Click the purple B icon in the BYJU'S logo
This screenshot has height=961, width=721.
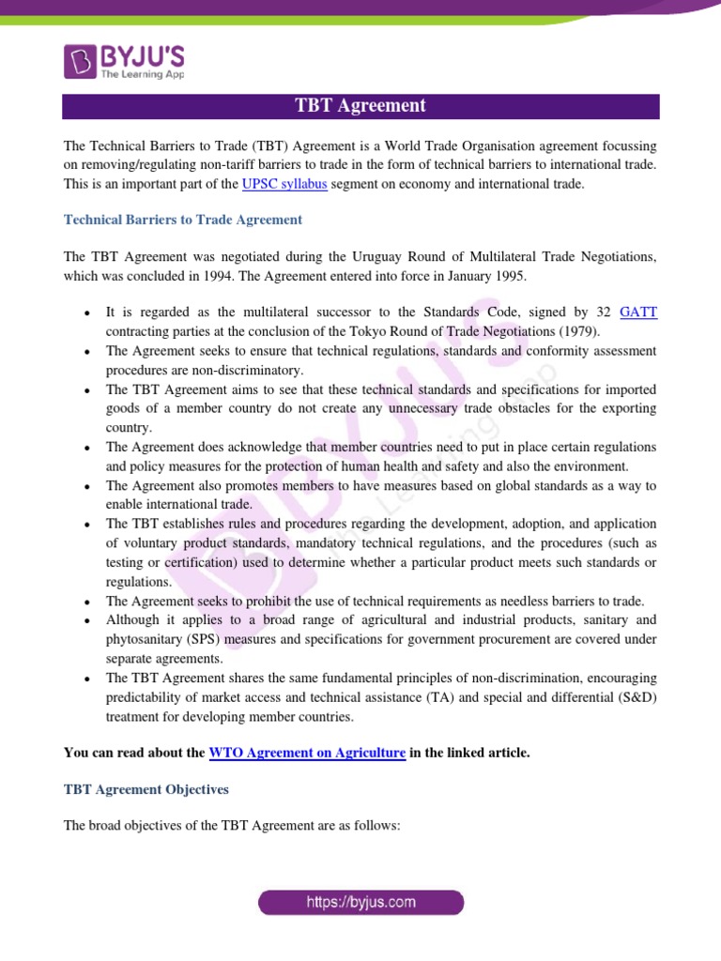[x=80, y=61]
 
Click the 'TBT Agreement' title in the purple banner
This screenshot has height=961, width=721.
[x=360, y=106]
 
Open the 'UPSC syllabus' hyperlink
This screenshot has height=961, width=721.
[x=284, y=185]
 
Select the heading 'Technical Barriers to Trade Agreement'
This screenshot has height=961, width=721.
[x=182, y=220]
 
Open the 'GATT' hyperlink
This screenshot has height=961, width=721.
[x=638, y=313]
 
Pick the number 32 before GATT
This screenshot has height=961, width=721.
[x=606, y=313]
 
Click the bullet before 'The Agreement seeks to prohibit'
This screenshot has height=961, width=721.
[x=86, y=602]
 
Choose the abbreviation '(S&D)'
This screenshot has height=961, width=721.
[x=637, y=696]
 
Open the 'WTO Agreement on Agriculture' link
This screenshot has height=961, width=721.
[x=307, y=753]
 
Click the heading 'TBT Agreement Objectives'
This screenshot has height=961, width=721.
[x=146, y=789]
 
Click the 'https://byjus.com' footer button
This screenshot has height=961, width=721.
[x=360, y=903]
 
